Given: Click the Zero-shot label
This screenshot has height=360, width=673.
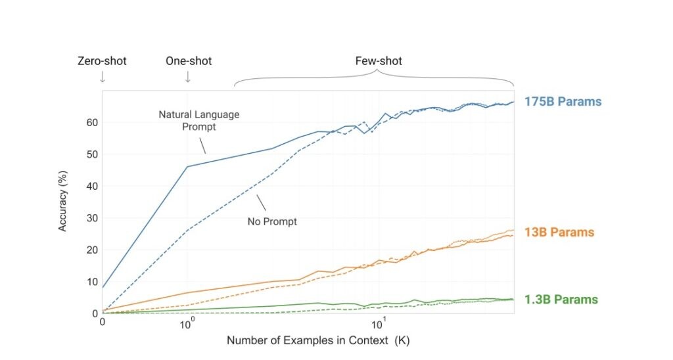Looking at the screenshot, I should pos(102,61).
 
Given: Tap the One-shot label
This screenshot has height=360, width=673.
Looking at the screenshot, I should pos(188,61).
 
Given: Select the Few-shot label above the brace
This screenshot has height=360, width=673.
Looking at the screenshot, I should pos(374,61).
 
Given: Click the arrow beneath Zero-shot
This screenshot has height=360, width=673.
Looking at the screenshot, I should pos(102,78).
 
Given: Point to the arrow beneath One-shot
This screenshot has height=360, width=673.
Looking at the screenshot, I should pos(188,78).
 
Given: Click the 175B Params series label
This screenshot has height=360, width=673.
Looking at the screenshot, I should pos(563,102).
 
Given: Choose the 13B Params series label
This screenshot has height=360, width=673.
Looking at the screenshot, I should pos(559,233).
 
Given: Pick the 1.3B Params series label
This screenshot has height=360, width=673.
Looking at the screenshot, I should pos(561,300).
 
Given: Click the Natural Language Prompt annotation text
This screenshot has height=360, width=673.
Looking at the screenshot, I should pos(198,120).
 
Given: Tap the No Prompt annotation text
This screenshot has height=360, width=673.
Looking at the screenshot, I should pos(272,221).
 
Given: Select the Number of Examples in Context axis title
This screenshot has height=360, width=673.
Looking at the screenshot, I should pos(318,340).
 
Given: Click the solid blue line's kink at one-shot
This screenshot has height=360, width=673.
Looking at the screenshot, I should pos(188,166).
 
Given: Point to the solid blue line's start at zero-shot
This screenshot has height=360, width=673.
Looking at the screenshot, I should pos(103,288).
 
